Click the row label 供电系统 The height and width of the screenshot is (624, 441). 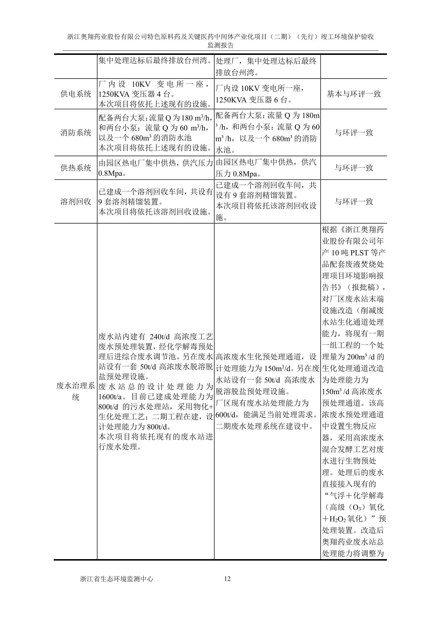tap(76, 94)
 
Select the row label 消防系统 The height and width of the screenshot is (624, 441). tap(76, 133)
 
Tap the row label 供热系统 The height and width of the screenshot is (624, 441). tap(76, 168)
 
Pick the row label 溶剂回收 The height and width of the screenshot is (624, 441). tap(76, 202)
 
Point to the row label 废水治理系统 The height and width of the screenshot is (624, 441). tap(76, 392)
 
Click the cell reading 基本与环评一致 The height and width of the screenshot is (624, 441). tap(354, 94)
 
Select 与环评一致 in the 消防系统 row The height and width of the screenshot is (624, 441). tap(354, 133)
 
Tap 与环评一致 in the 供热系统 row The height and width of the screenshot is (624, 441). tap(354, 168)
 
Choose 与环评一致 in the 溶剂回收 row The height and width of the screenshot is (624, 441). tap(354, 202)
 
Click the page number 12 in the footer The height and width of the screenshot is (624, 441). tap(228, 579)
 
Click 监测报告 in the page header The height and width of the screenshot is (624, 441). tap(220, 45)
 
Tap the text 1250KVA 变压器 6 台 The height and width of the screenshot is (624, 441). tap(253, 100)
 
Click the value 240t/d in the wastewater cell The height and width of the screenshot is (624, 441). tap(160, 337)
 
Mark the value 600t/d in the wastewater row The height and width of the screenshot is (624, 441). tap(226, 415)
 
